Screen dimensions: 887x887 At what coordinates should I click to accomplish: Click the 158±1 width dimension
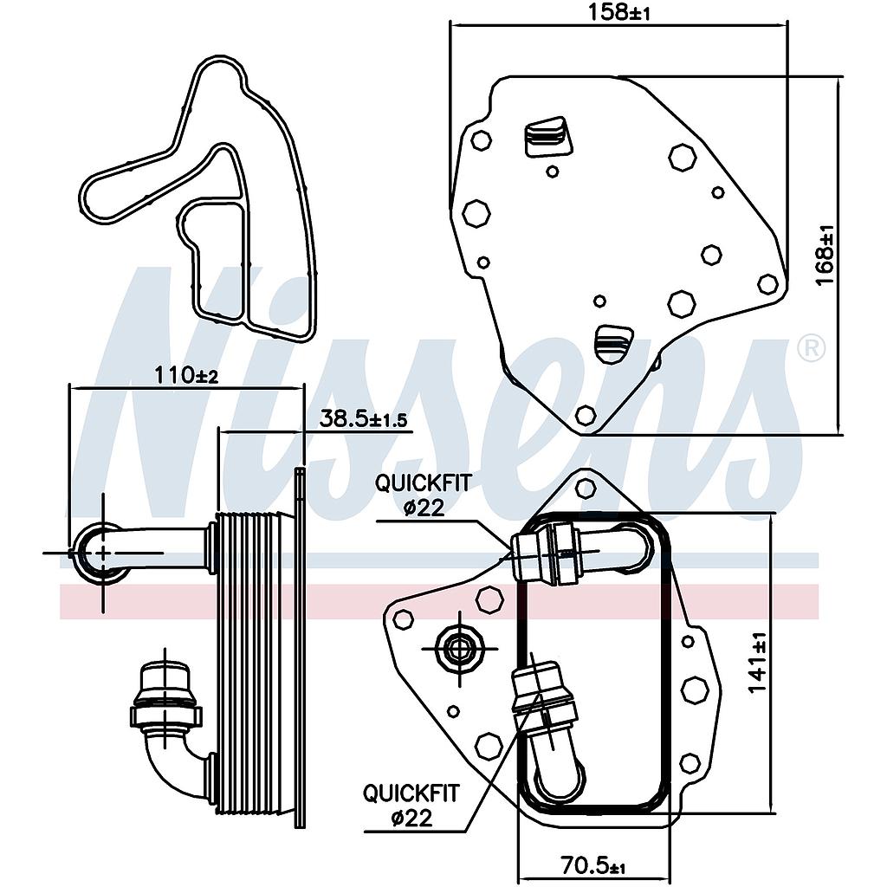pos(620,14)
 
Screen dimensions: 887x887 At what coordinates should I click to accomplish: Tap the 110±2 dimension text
pos(186,375)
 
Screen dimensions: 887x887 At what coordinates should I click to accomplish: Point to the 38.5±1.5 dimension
pos(363,419)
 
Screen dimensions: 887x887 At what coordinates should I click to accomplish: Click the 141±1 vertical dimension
pos(757,663)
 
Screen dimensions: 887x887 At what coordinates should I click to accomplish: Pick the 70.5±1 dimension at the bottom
pos(592,866)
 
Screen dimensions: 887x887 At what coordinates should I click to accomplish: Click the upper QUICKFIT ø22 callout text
pos(423,495)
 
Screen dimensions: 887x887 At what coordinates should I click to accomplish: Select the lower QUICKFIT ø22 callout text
pos(411,805)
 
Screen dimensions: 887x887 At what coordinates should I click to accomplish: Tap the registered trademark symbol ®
pos(810,348)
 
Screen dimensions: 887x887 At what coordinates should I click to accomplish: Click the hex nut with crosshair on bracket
pos(460,646)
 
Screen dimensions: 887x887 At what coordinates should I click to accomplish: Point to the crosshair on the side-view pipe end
pos(103,552)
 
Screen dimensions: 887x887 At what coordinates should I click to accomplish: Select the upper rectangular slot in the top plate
pos(547,137)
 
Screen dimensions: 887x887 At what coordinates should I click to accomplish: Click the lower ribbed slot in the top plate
pos(613,343)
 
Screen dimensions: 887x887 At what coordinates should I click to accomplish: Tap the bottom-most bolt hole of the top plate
pos(586,415)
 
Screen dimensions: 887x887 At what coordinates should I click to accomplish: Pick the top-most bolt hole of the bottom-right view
pos(586,489)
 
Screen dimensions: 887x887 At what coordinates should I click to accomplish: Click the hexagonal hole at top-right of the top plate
pos(683,158)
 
